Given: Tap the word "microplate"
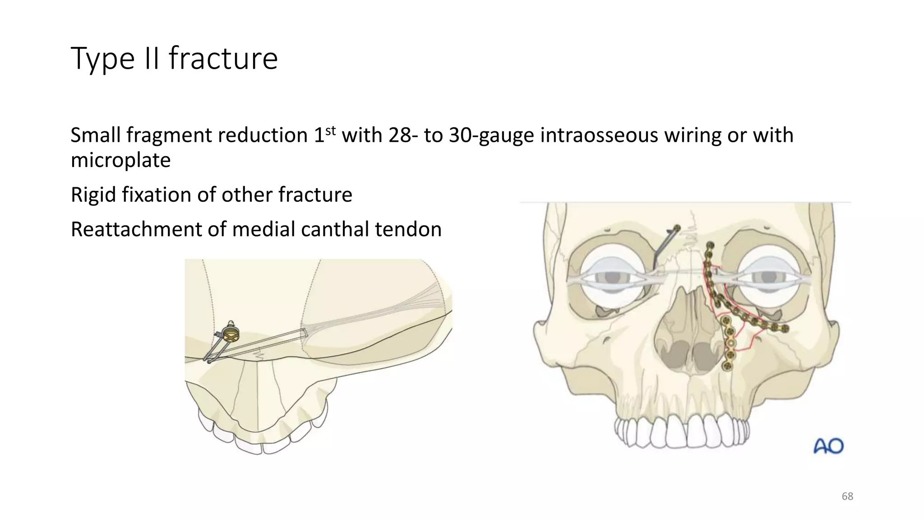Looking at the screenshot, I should (120, 160).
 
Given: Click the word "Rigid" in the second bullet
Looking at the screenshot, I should (93, 195).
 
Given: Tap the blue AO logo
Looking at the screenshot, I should (828, 446).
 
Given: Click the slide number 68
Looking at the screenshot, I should (847, 497).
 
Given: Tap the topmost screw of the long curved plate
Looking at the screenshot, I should (710, 246).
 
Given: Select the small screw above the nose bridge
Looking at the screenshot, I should (676, 228).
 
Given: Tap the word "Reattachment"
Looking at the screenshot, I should (136, 229).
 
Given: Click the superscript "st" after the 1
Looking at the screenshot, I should (331, 130).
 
